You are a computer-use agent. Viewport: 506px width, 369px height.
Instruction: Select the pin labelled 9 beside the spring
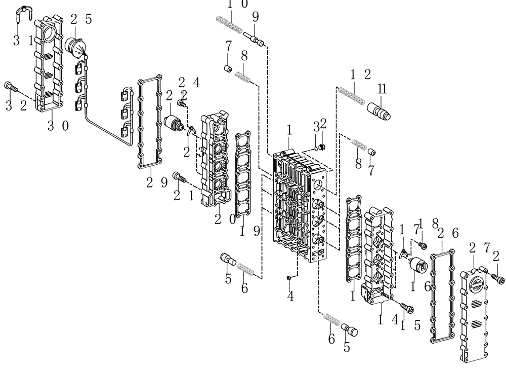click(x=255, y=39)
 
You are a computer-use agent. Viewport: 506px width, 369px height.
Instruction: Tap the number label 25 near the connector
click(x=80, y=20)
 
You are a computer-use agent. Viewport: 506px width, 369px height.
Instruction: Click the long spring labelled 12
click(x=352, y=95)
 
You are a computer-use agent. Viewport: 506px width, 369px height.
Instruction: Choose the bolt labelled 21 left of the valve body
click(x=180, y=176)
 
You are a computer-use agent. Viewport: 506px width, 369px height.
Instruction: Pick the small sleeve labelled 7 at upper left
click(x=228, y=69)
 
